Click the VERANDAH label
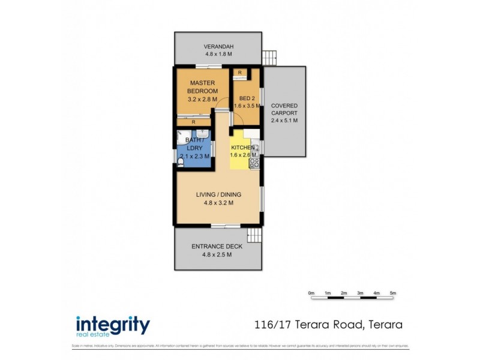[218, 47]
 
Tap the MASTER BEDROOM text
[202, 86]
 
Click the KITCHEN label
[244, 147]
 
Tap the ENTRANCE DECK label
[217, 247]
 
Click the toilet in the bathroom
[180, 161]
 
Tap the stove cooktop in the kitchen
[254, 161]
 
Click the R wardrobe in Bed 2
[240, 73]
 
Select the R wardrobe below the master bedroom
[193, 122]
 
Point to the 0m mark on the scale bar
[311, 293]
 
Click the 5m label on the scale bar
[393, 293]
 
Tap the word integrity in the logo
[112, 324]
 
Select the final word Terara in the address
[382, 325]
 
